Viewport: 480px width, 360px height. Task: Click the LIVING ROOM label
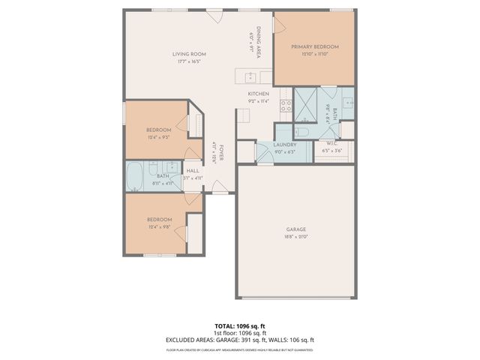point(189,54)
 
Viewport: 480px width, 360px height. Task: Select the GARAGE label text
point(295,229)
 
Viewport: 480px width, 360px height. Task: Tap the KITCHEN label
point(258,94)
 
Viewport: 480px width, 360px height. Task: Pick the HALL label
point(192,171)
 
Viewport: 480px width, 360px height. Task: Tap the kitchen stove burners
point(286,106)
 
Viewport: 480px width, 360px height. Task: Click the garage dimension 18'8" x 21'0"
point(295,236)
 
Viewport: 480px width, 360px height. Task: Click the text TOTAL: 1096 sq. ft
point(240,326)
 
